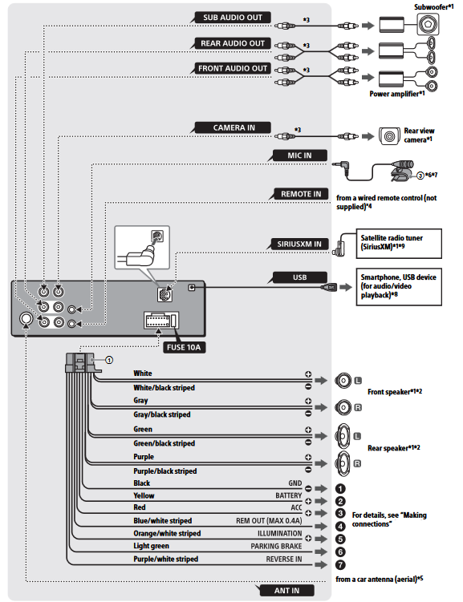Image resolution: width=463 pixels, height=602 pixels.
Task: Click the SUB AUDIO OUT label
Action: click(x=232, y=18)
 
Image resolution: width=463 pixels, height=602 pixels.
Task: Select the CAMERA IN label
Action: click(x=234, y=127)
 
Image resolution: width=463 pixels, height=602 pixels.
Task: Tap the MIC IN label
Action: click(x=299, y=156)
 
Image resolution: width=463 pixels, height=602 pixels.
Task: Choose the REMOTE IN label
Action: click(x=301, y=194)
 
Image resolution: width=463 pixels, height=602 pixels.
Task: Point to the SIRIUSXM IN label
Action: click(x=299, y=244)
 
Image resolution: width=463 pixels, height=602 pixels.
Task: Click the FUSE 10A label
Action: click(x=184, y=347)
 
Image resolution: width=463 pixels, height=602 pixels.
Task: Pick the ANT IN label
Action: click(x=286, y=591)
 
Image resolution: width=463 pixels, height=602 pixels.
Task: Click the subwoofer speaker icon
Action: click(x=428, y=25)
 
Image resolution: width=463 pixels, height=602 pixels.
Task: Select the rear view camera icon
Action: click(x=390, y=136)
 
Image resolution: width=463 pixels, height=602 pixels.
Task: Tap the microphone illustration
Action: click(x=400, y=171)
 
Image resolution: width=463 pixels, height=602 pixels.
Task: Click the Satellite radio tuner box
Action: click(x=399, y=244)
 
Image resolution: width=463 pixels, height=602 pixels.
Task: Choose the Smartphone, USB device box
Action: click(x=399, y=287)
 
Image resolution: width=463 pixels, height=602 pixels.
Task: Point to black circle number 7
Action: click(x=340, y=565)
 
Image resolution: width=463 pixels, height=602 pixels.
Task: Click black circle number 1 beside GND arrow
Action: click(x=340, y=489)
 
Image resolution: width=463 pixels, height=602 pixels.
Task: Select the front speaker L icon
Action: click(x=343, y=381)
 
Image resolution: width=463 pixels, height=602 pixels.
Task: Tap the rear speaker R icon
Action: click(x=343, y=463)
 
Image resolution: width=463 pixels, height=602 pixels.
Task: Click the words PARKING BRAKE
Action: click(x=276, y=546)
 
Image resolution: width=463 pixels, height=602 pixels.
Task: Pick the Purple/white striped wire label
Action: click(x=165, y=559)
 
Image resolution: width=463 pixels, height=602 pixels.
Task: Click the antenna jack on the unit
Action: click(x=26, y=319)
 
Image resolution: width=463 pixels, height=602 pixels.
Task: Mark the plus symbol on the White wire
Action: click(x=308, y=374)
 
